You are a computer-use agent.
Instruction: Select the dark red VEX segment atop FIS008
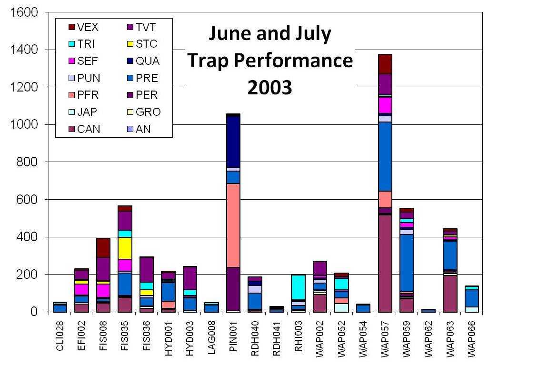tap(103, 247)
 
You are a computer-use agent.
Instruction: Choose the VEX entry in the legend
tap(86, 27)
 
